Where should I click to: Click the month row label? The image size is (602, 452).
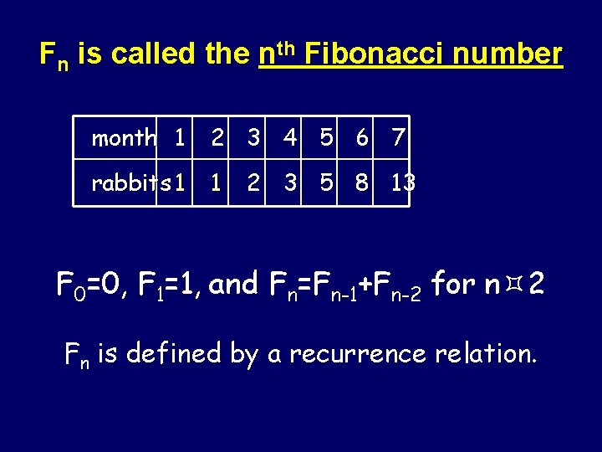[x=124, y=138]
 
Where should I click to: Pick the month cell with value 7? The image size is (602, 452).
[x=398, y=138]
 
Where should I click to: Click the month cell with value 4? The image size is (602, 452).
[x=290, y=138]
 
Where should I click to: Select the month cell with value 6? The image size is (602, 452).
[x=362, y=138]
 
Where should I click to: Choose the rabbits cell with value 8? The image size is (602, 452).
[x=362, y=182]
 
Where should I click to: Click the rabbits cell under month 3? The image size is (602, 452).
[x=253, y=182]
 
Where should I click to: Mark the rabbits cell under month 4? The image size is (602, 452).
[x=290, y=182]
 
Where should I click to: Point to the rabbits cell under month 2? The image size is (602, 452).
[x=217, y=182]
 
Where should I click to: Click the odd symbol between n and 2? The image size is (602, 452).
[x=513, y=285]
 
